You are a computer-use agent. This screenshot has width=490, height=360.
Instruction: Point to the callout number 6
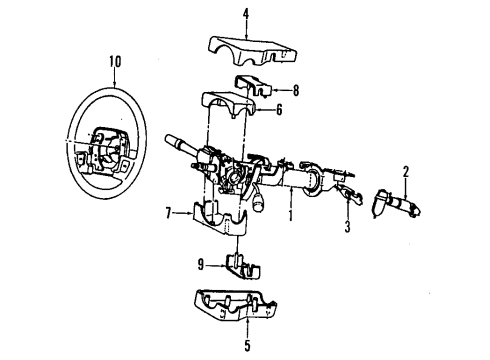pos(279,110)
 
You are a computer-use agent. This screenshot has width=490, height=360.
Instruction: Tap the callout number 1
pos(289,214)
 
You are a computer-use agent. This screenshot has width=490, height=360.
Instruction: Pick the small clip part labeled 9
pos(238,267)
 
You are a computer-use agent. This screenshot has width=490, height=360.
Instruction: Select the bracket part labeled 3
pos(346,194)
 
